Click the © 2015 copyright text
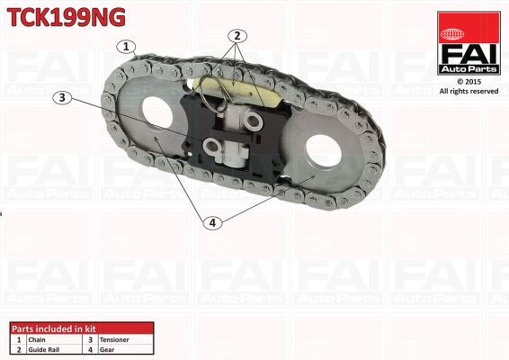tap(468, 81)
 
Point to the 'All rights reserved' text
tap(468, 91)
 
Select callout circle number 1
tap(127, 46)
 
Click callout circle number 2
tap(237, 37)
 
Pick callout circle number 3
tap(62, 98)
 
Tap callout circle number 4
tap(213, 222)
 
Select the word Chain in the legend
tap(37, 339)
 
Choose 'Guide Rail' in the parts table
tap(45, 349)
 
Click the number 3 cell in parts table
tap(89, 339)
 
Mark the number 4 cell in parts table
tap(89, 349)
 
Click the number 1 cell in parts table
tap(18, 339)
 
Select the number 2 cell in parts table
tap(18, 349)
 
